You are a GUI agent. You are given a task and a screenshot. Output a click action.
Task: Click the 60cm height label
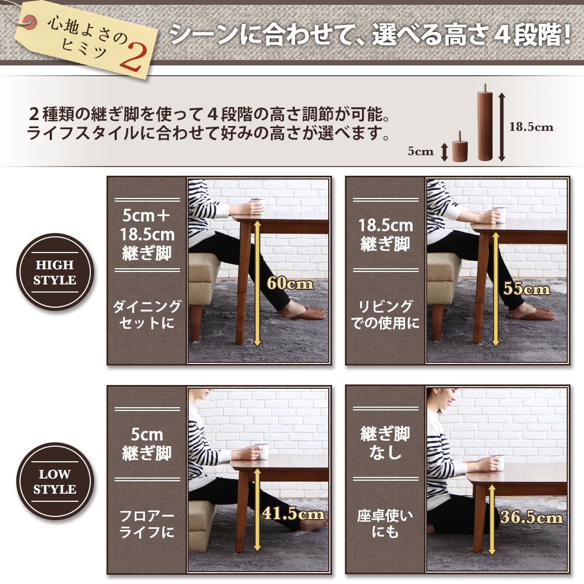coord(290,283)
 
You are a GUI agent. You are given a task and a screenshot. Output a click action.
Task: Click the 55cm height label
coord(526,288)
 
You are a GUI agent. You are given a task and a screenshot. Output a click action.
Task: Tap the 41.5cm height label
coord(293,513)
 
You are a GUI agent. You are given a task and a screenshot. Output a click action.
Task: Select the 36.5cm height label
coord(531,517)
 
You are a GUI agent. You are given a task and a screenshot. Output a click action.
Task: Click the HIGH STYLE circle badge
coord(55,273)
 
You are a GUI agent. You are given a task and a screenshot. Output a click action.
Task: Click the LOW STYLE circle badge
coord(55,482)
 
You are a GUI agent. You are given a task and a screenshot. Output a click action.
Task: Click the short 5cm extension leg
coord(460,148)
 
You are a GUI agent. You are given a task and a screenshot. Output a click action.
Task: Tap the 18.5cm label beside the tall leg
coord(532,127)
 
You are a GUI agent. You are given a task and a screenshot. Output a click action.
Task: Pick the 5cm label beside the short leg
coord(421,151)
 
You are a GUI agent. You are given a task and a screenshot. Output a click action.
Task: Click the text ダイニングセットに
coord(147,315)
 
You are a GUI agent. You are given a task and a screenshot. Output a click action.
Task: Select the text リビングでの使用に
coord(386,315)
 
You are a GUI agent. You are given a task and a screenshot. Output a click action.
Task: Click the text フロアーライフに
coord(147,524)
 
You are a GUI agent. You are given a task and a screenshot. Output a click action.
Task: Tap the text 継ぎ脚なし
coord(386,442)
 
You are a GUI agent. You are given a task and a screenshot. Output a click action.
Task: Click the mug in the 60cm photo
coord(257,206)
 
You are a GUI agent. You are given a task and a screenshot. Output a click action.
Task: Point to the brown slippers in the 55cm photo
coord(533,312)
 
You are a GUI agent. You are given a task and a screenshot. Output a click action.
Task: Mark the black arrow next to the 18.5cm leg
coord(501,127)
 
